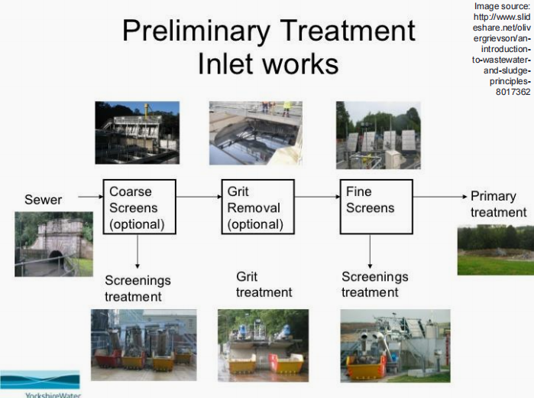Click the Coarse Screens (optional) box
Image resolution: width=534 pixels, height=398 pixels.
(139, 207)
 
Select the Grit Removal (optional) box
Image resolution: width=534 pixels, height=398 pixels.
(257, 207)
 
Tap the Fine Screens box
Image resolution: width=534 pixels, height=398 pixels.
(374, 207)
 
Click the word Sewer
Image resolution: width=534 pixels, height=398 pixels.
(44, 200)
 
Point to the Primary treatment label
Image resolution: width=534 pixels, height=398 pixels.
(498, 204)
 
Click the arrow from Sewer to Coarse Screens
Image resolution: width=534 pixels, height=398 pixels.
(90, 197)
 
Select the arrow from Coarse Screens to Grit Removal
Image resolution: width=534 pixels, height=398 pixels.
(198, 197)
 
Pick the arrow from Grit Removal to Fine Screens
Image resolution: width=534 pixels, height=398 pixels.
(316, 197)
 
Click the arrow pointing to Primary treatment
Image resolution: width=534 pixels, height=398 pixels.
(439, 197)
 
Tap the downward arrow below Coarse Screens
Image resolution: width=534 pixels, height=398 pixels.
(138, 250)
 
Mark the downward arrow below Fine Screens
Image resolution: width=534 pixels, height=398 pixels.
(371, 250)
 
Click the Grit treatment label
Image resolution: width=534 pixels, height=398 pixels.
(264, 284)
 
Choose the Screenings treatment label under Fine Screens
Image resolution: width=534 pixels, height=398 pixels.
(374, 284)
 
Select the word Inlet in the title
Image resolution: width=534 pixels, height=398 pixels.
(222, 64)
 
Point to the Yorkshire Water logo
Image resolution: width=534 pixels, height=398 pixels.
(40, 383)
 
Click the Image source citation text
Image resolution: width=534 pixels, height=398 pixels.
(501, 49)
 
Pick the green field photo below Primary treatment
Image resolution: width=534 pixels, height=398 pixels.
(495, 250)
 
